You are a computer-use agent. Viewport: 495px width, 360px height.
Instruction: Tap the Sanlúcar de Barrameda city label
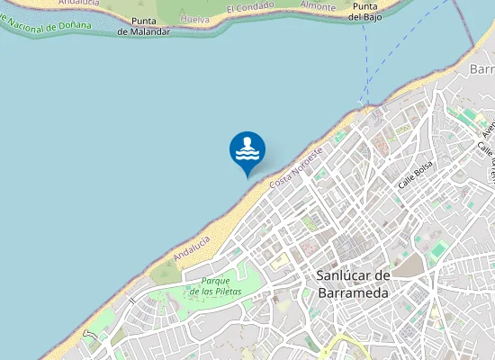pyautogui.click(x=352, y=283)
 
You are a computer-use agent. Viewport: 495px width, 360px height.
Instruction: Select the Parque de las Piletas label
pyautogui.click(x=215, y=286)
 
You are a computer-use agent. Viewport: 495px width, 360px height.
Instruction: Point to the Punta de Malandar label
pyautogui.click(x=143, y=26)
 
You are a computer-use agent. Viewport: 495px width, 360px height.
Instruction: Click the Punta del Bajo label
pyautogui.click(x=369, y=11)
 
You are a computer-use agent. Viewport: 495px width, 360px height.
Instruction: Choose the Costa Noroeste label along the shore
pyautogui.click(x=295, y=168)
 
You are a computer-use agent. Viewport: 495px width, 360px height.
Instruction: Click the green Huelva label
pyautogui.click(x=194, y=18)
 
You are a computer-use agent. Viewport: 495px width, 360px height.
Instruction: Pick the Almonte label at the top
pyautogui.click(x=318, y=5)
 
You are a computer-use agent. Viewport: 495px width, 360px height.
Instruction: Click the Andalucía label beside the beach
pyautogui.click(x=192, y=248)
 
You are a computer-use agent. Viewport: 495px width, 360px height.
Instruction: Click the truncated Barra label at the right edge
pyautogui.click(x=482, y=69)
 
